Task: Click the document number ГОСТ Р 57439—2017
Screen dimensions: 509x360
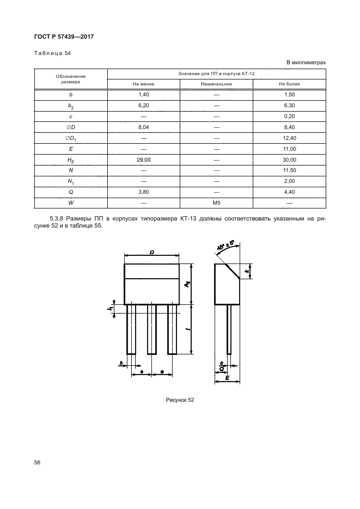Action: (x=64, y=36)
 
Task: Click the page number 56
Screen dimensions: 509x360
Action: (x=38, y=463)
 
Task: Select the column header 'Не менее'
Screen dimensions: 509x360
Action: (x=143, y=84)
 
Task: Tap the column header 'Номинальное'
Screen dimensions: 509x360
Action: (x=216, y=84)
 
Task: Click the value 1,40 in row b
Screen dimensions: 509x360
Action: (x=143, y=95)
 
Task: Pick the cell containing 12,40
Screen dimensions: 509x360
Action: (x=289, y=138)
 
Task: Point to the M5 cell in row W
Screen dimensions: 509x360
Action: (x=216, y=203)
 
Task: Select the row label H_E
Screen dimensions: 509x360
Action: (x=71, y=160)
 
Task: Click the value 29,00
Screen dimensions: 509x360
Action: (x=143, y=160)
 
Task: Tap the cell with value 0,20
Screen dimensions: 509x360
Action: (x=289, y=116)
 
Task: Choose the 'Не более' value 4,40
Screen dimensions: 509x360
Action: (x=289, y=192)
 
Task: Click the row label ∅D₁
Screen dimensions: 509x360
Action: (x=71, y=138)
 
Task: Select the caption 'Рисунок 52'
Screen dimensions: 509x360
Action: (x=180, y=400)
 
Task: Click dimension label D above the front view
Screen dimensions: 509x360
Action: (x=152, y=252)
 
